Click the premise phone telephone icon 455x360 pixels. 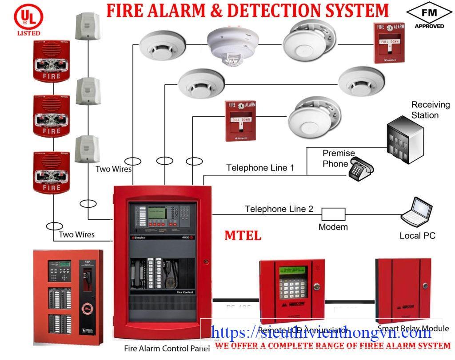point(360,170)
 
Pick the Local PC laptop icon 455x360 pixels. point(417,214)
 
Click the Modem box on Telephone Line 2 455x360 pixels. point(333,214)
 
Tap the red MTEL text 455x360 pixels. point(243,235)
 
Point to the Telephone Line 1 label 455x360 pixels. point(260,168)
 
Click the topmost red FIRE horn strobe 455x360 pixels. point(52,62)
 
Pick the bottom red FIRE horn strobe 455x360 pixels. point(52,173)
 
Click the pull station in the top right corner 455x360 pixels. point(390,42)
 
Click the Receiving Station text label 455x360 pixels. point(430,110)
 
